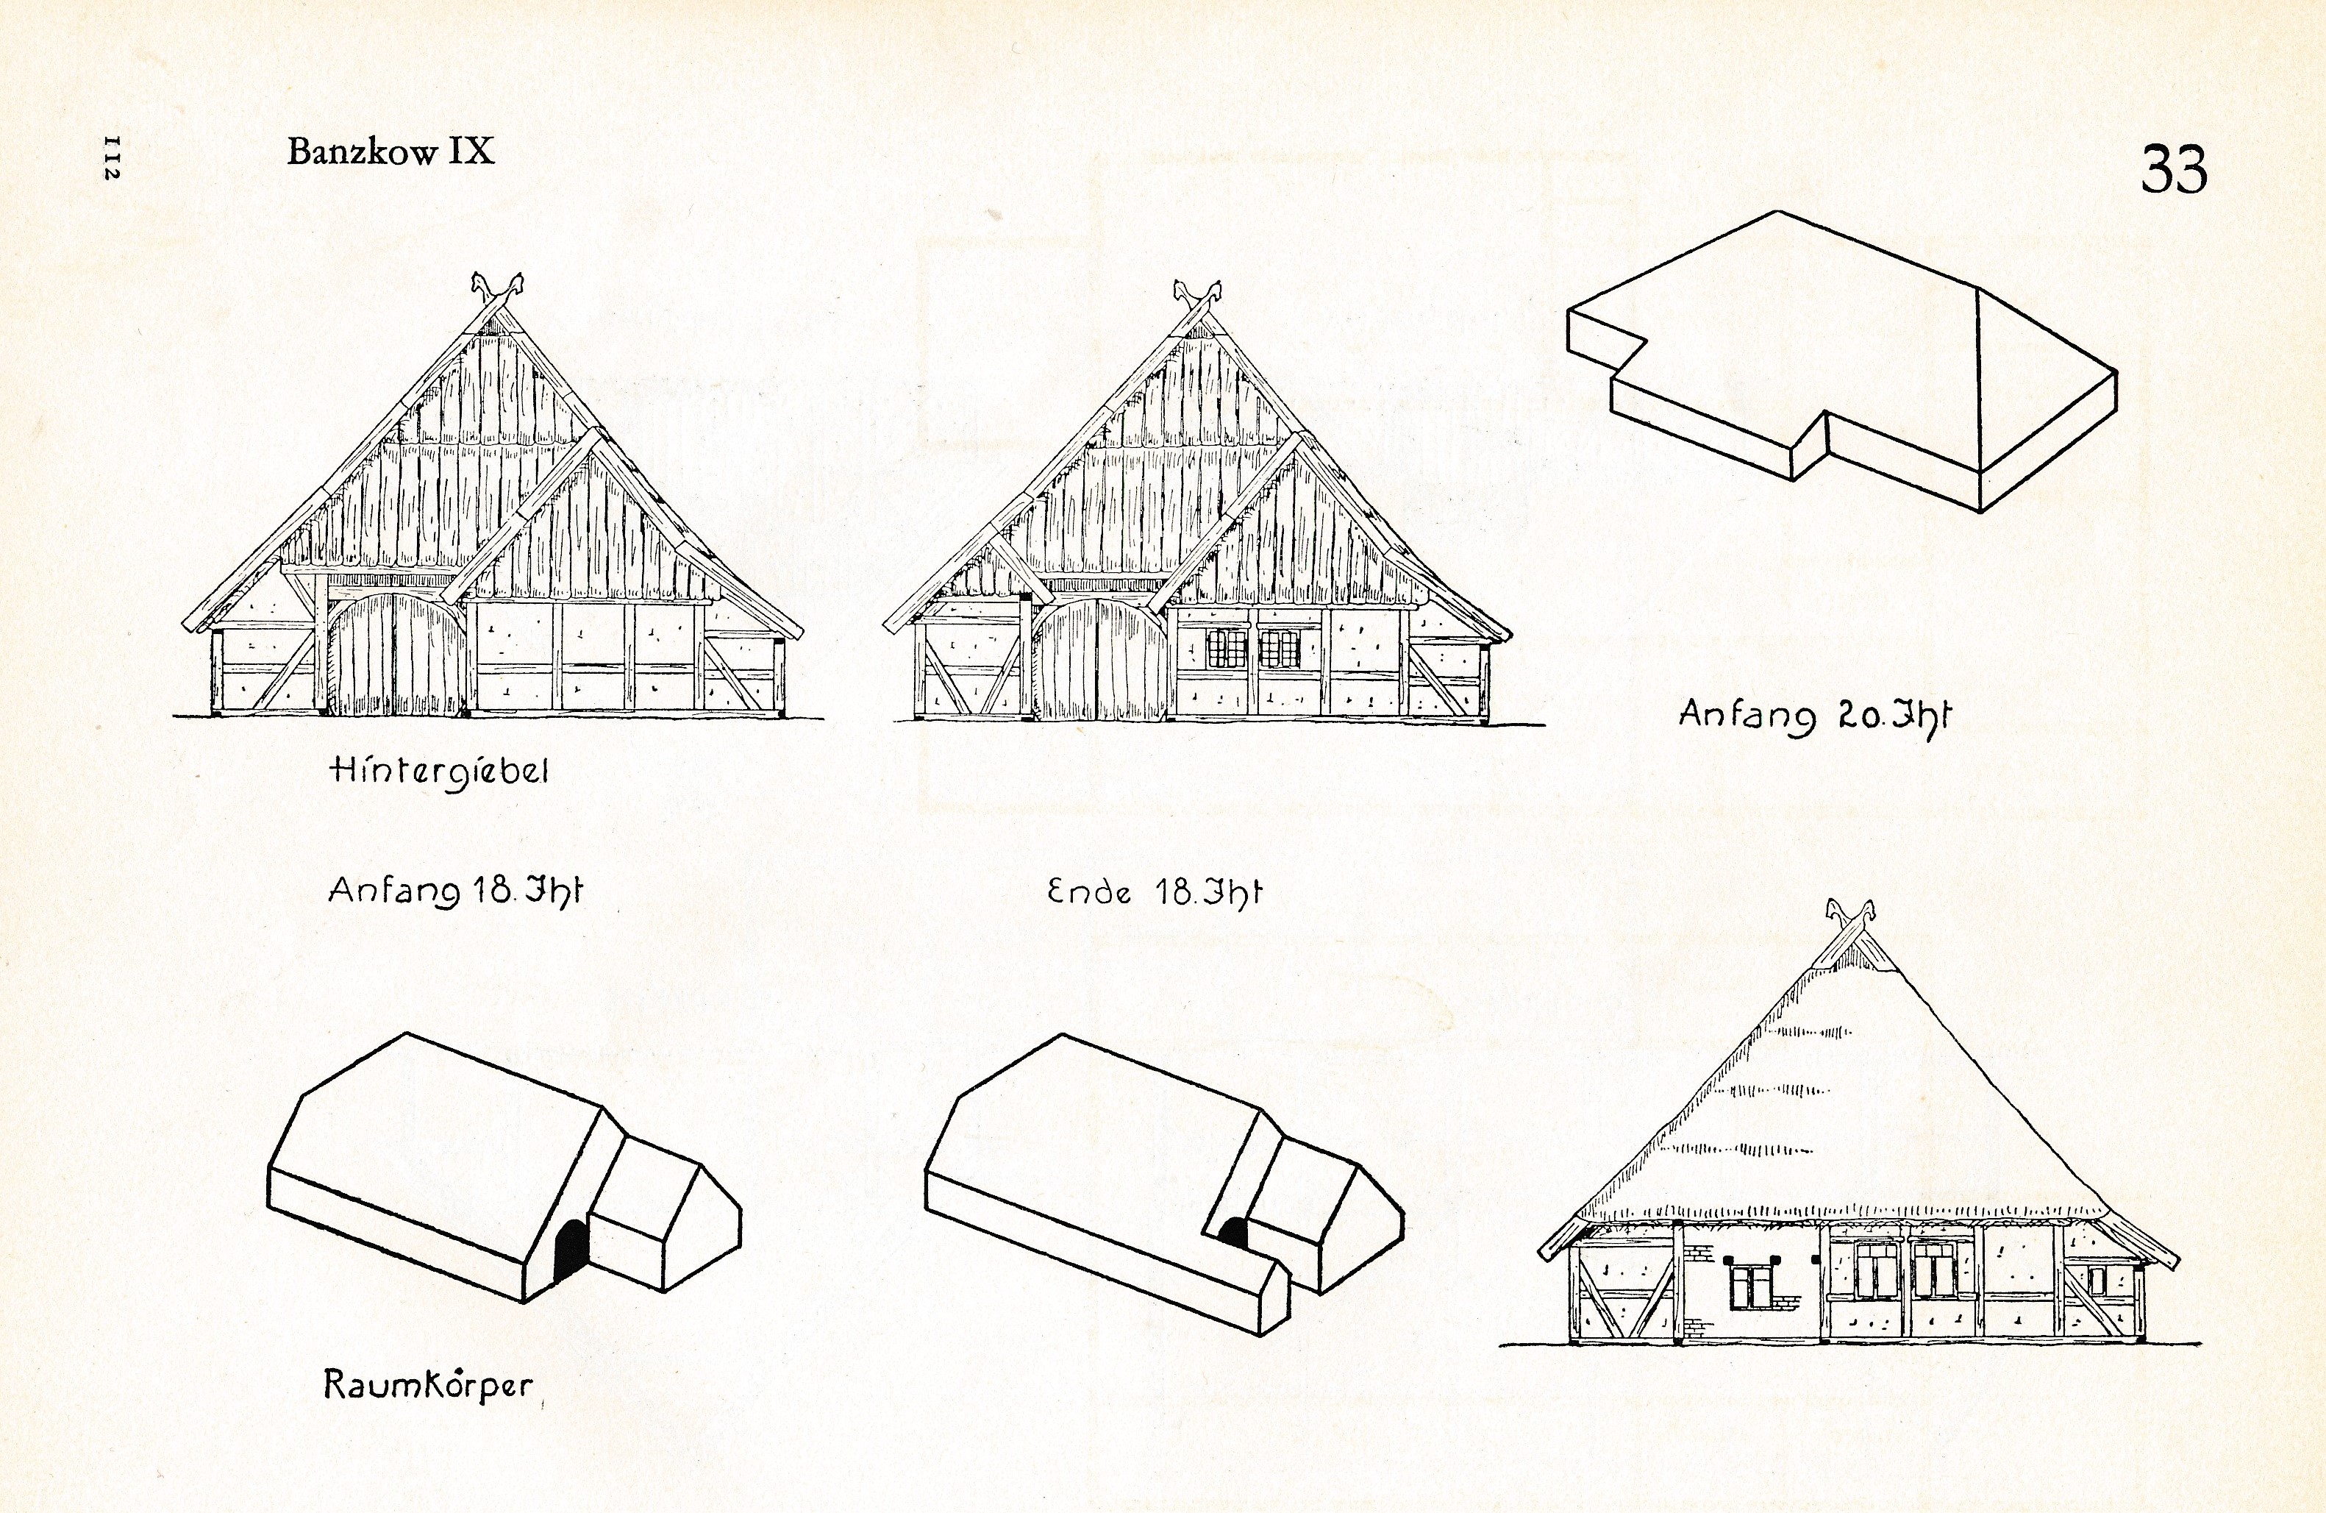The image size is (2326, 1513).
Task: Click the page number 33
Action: coord(2174,169)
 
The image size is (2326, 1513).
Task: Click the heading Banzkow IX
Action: coord(391,151)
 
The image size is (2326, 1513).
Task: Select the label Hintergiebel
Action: coord(440,771)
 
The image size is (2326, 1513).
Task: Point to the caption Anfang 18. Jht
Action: coord(455,891)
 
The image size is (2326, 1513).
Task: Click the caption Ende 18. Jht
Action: coord(1155,891)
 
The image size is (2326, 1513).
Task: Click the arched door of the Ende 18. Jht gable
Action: coord(1100,660)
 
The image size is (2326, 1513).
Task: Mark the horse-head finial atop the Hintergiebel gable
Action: coord(497,288)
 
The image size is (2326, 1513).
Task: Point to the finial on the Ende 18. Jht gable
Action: coord(1197,295)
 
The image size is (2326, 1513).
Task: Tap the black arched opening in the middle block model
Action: coord(1235,1233)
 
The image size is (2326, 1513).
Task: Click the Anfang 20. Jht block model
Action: coord(1842,362)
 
